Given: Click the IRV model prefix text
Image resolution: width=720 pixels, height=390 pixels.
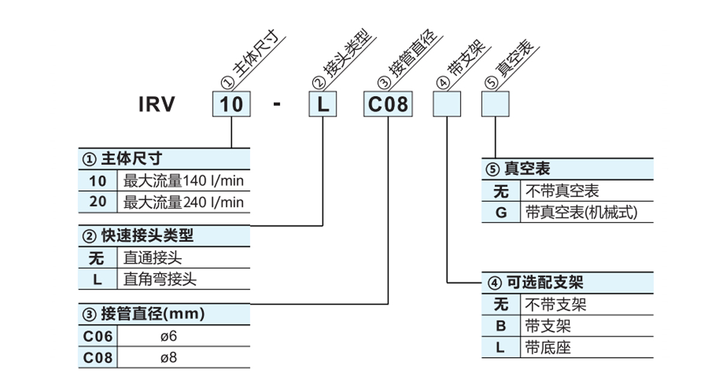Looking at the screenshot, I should click(157, 104).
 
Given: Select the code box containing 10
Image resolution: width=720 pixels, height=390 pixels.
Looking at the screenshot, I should click(232, 104).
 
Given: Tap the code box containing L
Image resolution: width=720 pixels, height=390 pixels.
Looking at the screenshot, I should click(323, 104).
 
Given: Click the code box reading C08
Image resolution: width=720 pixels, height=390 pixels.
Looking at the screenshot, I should click(388, 104).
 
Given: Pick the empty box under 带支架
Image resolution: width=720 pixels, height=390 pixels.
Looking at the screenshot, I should click(447, 104).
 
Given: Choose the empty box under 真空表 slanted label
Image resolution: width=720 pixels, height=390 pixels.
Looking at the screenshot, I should click(495, 104).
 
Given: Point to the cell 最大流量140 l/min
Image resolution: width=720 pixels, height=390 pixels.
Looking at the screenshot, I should click(184, 181).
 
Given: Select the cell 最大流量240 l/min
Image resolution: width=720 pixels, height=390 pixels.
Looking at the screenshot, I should click(184, 202).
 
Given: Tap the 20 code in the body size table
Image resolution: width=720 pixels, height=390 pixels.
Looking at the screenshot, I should click(98, 202).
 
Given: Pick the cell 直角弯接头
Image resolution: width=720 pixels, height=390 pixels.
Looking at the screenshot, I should click(160, 279).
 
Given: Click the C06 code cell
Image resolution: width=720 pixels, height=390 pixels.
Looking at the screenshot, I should click(98, 336).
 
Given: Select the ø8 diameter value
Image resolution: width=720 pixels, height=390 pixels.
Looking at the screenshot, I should click(169, 358).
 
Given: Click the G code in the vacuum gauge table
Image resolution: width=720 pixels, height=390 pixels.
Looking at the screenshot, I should click(501, 212).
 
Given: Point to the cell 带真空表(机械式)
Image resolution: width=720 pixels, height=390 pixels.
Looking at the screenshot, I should click(581, 212).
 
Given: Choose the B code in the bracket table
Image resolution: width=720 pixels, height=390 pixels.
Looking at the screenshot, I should click(501, 326).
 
